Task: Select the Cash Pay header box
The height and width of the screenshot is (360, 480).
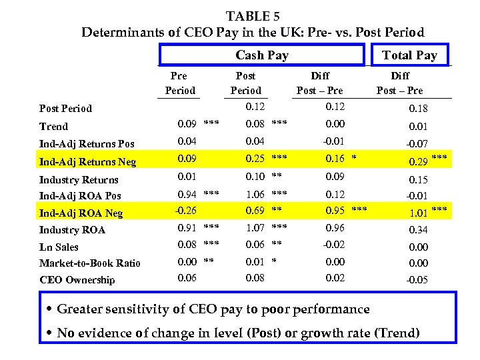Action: tap(261, 55)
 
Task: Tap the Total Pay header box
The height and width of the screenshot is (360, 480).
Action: tap(409, 55)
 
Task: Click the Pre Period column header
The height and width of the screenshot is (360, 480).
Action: tap(179, 83)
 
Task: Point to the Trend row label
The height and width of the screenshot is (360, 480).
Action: tap(53, 126)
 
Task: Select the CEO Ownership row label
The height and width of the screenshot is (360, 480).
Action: tap(77, 280)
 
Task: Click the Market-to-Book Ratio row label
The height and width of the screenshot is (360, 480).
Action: tap(89, 263)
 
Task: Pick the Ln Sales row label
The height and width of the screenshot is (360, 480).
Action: tap(59, 247)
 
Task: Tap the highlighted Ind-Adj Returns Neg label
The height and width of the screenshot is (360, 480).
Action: tap(87, 161)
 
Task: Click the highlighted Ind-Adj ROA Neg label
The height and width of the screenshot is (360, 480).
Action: tap(81, 213)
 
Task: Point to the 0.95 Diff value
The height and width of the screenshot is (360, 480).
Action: tap(335, 211)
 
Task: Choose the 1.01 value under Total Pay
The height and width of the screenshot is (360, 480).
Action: tap(418, 213)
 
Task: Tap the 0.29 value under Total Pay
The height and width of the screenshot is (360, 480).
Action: tap(418, 161)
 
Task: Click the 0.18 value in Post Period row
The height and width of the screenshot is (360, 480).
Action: tap(418, 108)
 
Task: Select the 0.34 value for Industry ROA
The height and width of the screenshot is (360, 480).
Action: tap(418, 230)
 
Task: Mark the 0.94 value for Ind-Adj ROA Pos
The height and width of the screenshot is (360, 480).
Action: tap(186, 194)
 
